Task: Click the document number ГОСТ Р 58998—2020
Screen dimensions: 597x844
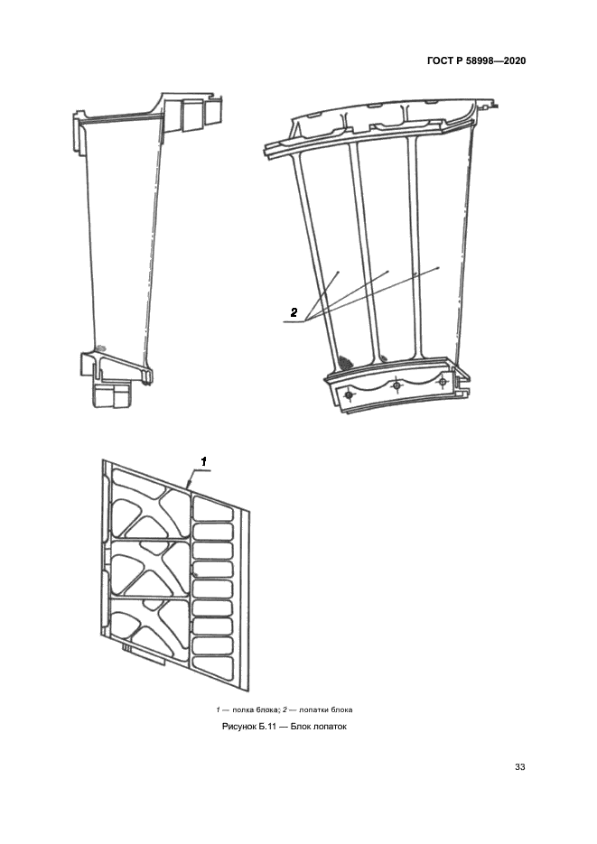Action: coord(476,60)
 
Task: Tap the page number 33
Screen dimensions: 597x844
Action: coord(519,767)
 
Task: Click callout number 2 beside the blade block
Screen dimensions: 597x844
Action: coord(294,312)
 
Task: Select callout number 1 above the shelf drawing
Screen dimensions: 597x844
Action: coord(204,461)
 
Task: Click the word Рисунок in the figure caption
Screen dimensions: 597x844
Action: coord(239,727)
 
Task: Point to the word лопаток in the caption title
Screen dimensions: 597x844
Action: coord(330,727)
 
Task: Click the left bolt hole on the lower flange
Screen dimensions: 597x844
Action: coord(350,395)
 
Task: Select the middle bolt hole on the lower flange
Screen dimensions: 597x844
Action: coord(396,385)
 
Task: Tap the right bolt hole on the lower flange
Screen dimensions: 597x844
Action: coord(443,382)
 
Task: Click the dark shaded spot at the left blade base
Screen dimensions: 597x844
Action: coord(344,359)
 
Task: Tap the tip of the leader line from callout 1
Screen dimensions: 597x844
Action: coord(186,487)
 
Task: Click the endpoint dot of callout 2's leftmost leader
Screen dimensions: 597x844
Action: coord(338,273)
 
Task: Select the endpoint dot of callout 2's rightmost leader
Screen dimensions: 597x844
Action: coord(439,267)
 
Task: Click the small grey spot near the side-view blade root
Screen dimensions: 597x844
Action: coord(102,348)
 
